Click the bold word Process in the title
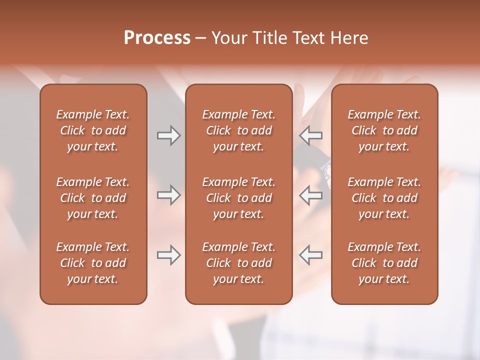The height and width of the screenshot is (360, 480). tap(157, 38)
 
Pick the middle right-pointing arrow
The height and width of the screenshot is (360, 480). tap(168, 195)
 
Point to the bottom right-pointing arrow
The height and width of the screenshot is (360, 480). tap(168, 255)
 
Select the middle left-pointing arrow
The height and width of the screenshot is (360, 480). tap(311, 195)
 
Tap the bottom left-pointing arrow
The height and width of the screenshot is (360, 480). tap(311, 255)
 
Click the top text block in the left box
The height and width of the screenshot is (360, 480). tap(93, 130)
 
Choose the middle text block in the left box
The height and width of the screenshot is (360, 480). tap(93, 198)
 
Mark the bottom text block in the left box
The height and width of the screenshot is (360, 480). tap(93, 263)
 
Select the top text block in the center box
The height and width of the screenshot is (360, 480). tap(239, 130)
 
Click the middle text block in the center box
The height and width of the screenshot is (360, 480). tap(239, 198)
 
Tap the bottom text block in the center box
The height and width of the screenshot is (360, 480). tap(239, 263)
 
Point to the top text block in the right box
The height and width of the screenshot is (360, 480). tap(384, 130)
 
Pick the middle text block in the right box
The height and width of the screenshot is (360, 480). tap(384, 198)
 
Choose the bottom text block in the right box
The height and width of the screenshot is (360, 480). tap(384, 263)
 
